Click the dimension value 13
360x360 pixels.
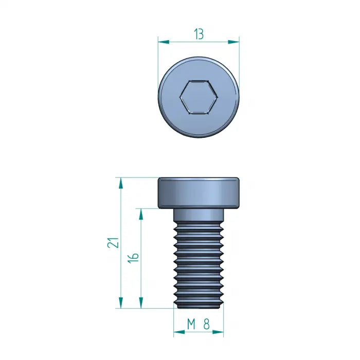[x=199, y=34]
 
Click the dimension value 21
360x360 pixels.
[x=113, y=242]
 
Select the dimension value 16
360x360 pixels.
[x=133, y=258]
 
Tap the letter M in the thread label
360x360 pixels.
[x=191, y=324]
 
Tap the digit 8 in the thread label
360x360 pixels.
[x=207, y=324]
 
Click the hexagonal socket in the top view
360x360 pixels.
[x=199, y=97]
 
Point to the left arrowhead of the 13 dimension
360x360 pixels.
[x=164, y=42]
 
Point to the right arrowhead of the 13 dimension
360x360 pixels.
[x=233, y=42]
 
